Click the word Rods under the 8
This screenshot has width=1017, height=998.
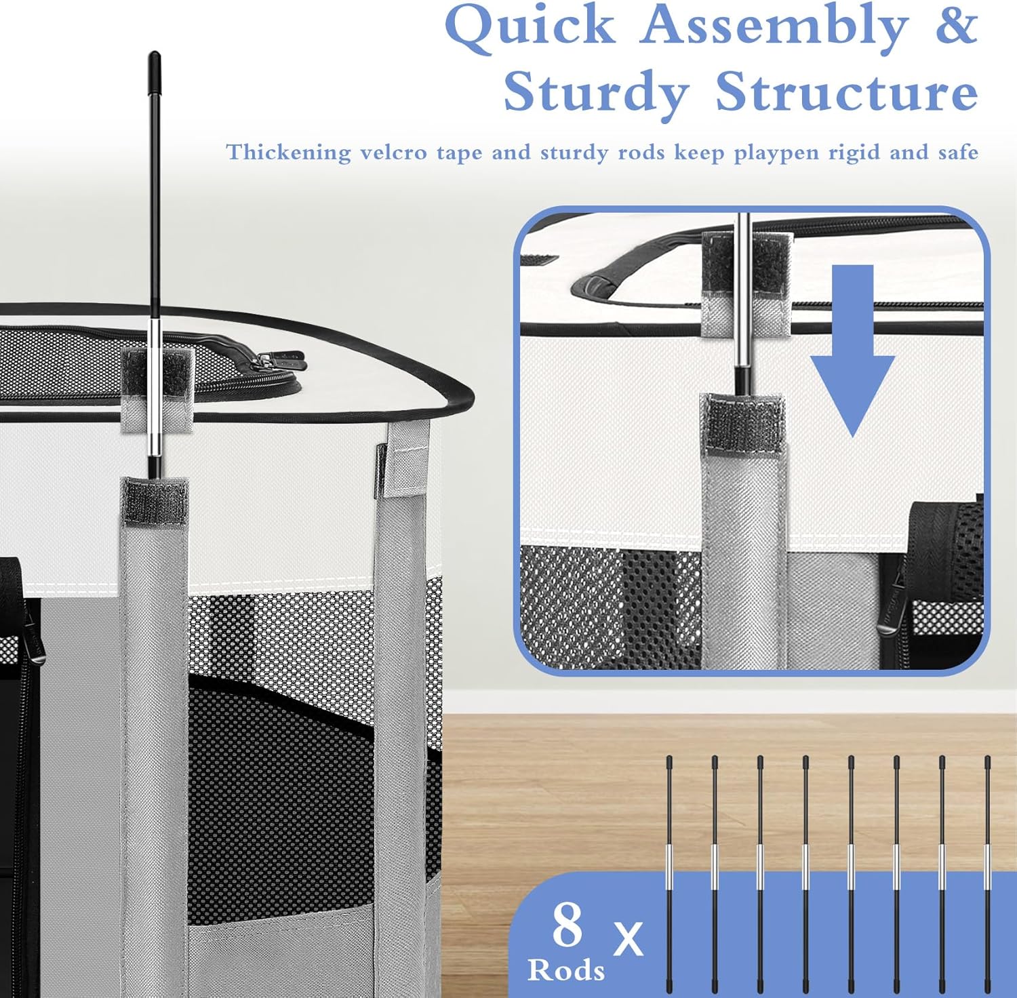566,970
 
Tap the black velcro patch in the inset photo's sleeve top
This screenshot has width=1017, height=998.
743,426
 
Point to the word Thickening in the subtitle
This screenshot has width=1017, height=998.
289,153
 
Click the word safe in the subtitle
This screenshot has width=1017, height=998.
958,152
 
